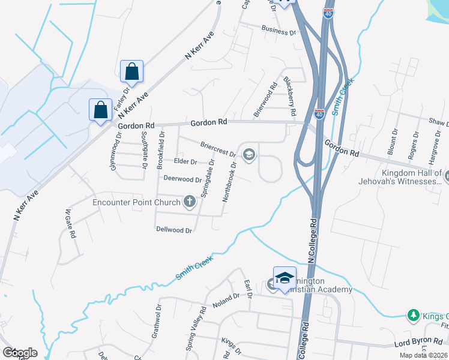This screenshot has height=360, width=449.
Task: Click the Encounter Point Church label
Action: coord(136,202)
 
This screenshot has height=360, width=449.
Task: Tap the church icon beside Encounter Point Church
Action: coord(190,202)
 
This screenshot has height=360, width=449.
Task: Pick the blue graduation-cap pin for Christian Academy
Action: coord(285,277)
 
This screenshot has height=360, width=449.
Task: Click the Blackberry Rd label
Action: coord(290,96)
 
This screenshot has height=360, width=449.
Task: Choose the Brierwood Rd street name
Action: coord(265,99)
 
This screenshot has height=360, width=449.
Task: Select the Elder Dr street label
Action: coord(185,162)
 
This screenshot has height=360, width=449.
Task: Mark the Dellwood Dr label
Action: coord(173,230)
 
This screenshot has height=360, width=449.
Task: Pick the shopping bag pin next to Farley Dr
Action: coord(131,72)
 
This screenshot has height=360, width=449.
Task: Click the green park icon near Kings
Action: coord(413,315)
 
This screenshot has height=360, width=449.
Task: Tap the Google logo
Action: coord(20,353)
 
